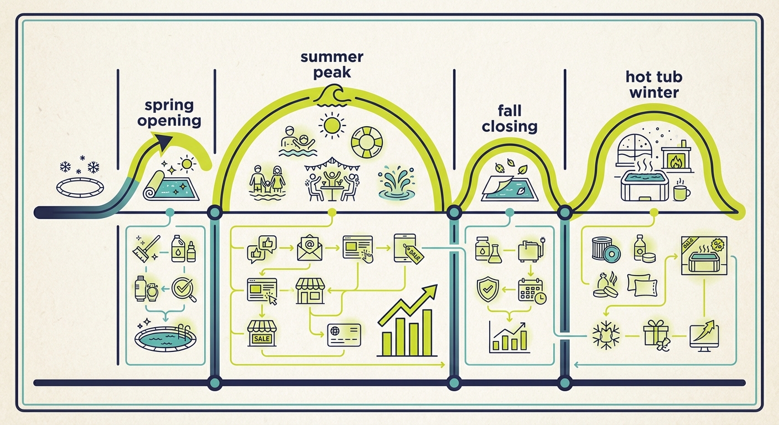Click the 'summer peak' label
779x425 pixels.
coord(332,65)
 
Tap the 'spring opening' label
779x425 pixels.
coord(169,113)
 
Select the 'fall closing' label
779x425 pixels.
coord(510,119)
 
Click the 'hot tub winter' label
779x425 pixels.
coord(654,85)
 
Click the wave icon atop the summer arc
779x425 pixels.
coord(332,96)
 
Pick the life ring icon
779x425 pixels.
coord(367,142)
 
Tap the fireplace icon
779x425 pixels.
coord(676,157)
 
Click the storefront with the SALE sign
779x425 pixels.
coord(262,333)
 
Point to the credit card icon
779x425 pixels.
coord(344,335)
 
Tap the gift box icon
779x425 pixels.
coord(656,335)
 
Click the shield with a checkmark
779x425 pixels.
coord(487,289)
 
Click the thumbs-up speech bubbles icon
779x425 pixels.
coord(262,248)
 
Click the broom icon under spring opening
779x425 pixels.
coord(146,248)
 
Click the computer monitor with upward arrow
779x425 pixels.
coord(704,335)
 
